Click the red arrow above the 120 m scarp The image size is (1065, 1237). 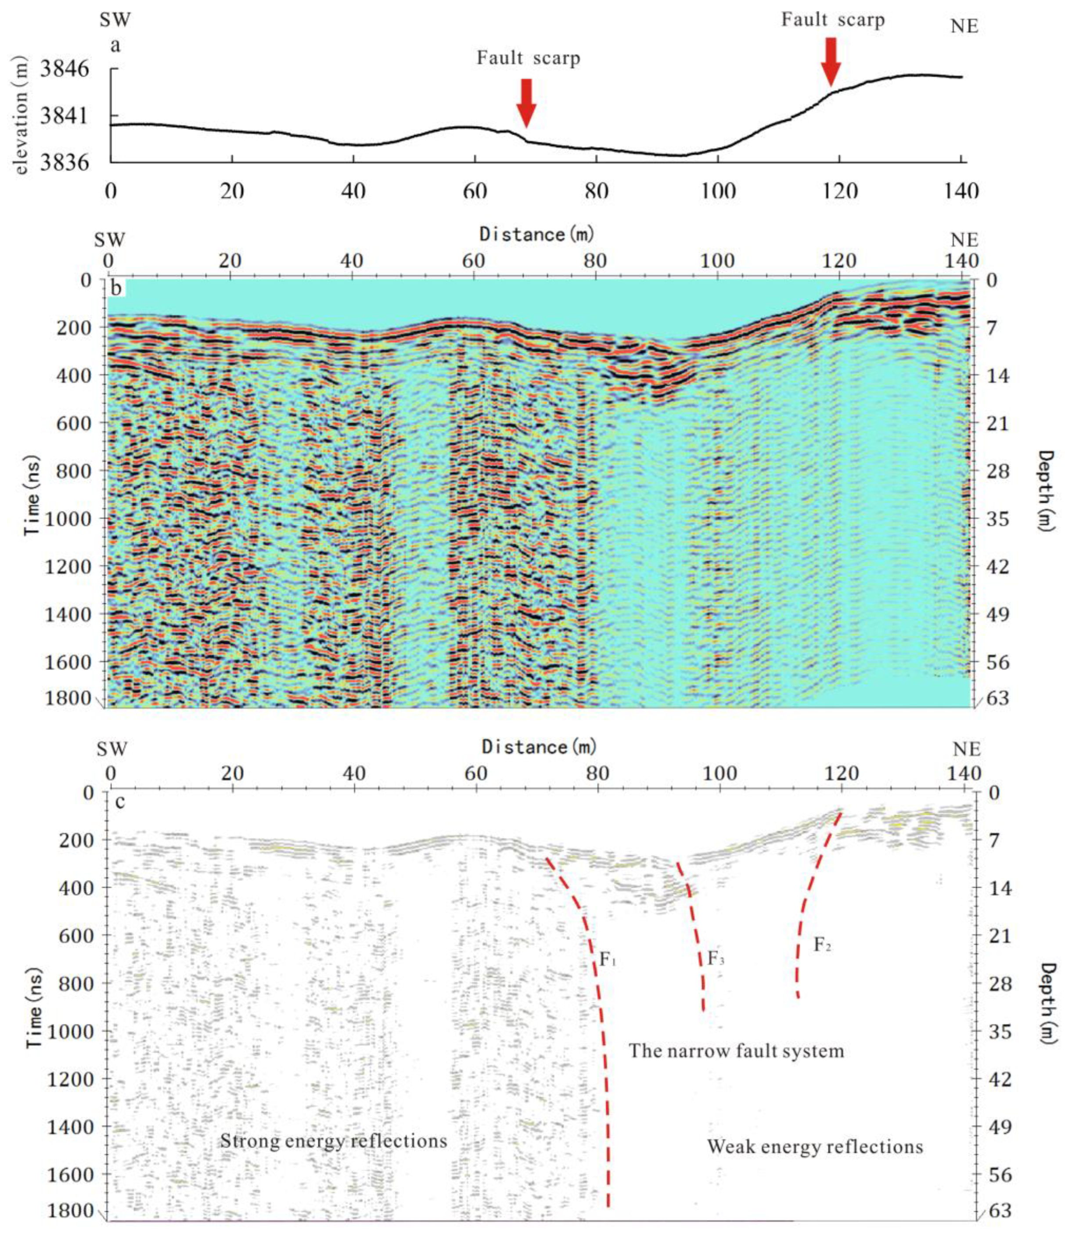[831, 61]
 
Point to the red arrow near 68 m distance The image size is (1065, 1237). [526, 102]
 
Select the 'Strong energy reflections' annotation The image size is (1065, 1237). [334, 1141]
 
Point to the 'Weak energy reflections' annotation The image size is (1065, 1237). [815, 1147]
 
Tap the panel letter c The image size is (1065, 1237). [119, 801]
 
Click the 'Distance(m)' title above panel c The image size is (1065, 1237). [539, 747]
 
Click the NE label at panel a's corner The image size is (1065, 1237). [964, 26]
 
